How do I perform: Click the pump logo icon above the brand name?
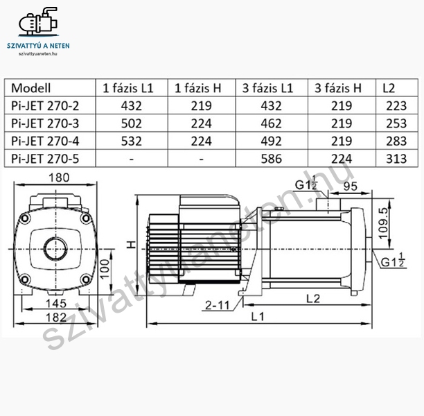(x=38, y=21)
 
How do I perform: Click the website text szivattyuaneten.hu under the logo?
(x=38, y=53)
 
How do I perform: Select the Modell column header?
(x=30, y=88)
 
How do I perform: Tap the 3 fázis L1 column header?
(x=267, y=88)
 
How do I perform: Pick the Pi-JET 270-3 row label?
(x=45, y=123)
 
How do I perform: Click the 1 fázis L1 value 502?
(x=132, y=123)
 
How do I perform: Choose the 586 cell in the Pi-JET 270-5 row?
(x=271, y=159)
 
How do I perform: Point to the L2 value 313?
(x=396, y=159)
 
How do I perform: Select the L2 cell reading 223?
(x=396, y=106)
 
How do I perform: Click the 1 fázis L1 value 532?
(x=132, y=141)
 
